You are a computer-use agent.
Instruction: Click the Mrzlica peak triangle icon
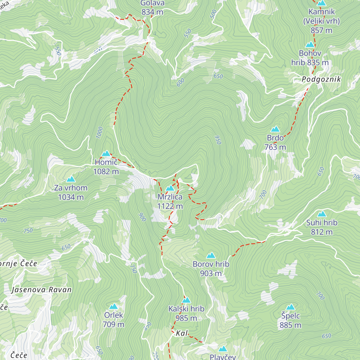click(x=170, y=188)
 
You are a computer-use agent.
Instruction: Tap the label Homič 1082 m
click(x=106, y=167)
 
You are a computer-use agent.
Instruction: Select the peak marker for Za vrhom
click(x=71, y=179)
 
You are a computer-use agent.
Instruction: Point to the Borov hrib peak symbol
click(x=211, y=256)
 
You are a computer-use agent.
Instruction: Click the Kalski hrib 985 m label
click(x=186, y=313)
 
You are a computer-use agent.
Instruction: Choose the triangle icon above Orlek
click(x=113, y=307)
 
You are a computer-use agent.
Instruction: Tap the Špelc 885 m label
click(x=290, y=320)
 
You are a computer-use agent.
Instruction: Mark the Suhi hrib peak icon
click(x=322, y=214)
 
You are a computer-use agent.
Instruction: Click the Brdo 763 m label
click(x=275, y=142)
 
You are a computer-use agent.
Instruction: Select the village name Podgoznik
click(x=321, y=79)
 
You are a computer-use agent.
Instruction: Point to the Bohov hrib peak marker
click(x=310, y=45)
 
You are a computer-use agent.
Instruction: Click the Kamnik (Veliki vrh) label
click(x=321, y=21)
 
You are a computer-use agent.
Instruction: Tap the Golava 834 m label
click(x=152, y=7)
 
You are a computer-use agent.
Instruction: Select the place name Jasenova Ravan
click(x=41, y=290)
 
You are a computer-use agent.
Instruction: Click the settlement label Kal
click(x=182, y=333)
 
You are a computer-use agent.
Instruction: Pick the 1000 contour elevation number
click(x=100, y=133)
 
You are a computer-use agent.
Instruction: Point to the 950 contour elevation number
click(x=218, y=140)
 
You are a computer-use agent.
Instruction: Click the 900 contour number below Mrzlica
click(x=142, y=217)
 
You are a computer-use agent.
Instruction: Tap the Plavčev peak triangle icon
click(x=223, y=349)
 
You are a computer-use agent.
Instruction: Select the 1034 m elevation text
click(x=71, y=197)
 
